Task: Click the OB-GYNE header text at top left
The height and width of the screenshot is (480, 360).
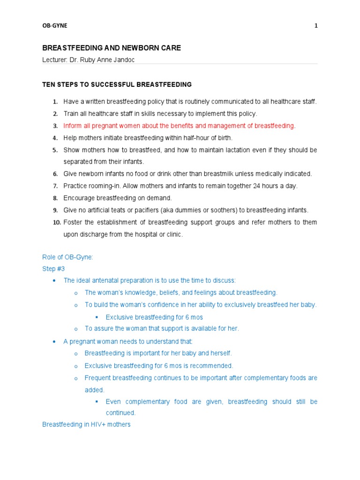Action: click(x=55, y=26)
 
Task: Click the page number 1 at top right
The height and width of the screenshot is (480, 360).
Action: click(x=316, y=26)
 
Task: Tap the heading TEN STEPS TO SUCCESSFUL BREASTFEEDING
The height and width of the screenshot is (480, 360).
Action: click(x=117, y=85)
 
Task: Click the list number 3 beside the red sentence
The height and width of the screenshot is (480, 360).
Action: click(x=55, y=126)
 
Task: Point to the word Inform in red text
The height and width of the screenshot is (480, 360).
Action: click(x=73, y=126)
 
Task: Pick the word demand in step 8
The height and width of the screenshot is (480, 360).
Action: click(x=160, y=198)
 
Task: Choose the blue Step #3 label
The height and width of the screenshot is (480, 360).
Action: click(x=53, y=269)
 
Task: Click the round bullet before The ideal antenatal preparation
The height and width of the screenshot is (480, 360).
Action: click(x=54, y=281)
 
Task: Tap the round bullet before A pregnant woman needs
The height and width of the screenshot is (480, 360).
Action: click(x=54, y=342)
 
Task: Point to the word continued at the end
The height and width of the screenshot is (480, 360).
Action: click(x=120, y=413)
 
